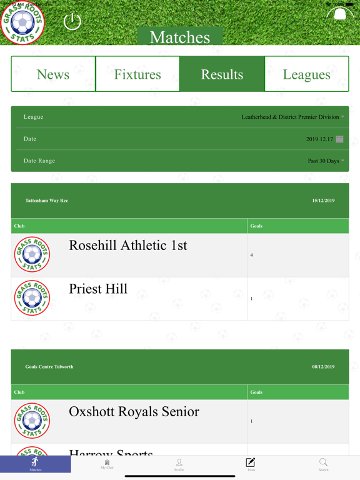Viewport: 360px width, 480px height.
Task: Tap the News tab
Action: point(53,74)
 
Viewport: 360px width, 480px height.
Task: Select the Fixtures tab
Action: point(137,74)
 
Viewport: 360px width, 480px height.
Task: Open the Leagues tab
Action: point(306,74)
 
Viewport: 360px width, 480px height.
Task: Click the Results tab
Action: point(222,74)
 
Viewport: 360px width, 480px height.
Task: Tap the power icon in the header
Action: point(72,22)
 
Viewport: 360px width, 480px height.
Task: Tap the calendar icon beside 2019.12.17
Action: point(339,139)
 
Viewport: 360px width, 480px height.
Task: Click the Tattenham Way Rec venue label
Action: point(47,201)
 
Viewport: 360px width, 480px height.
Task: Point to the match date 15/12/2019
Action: point(323,201)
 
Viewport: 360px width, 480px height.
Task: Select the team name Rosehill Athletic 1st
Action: point(128,246)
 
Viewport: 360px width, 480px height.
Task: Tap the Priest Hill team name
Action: point(98,289)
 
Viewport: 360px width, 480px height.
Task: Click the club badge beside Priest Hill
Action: point(32,298)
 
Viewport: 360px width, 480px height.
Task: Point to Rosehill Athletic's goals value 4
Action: point(252,255)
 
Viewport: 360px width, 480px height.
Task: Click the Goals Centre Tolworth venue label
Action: point(49,367)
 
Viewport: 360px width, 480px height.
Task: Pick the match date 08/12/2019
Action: point(323,367)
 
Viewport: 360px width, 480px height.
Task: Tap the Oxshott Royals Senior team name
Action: point(134,412)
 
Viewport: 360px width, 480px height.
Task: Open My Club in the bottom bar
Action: point(107,464)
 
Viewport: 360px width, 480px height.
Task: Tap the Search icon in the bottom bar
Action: point(323,464)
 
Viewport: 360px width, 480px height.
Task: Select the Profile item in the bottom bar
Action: point(179,464)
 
